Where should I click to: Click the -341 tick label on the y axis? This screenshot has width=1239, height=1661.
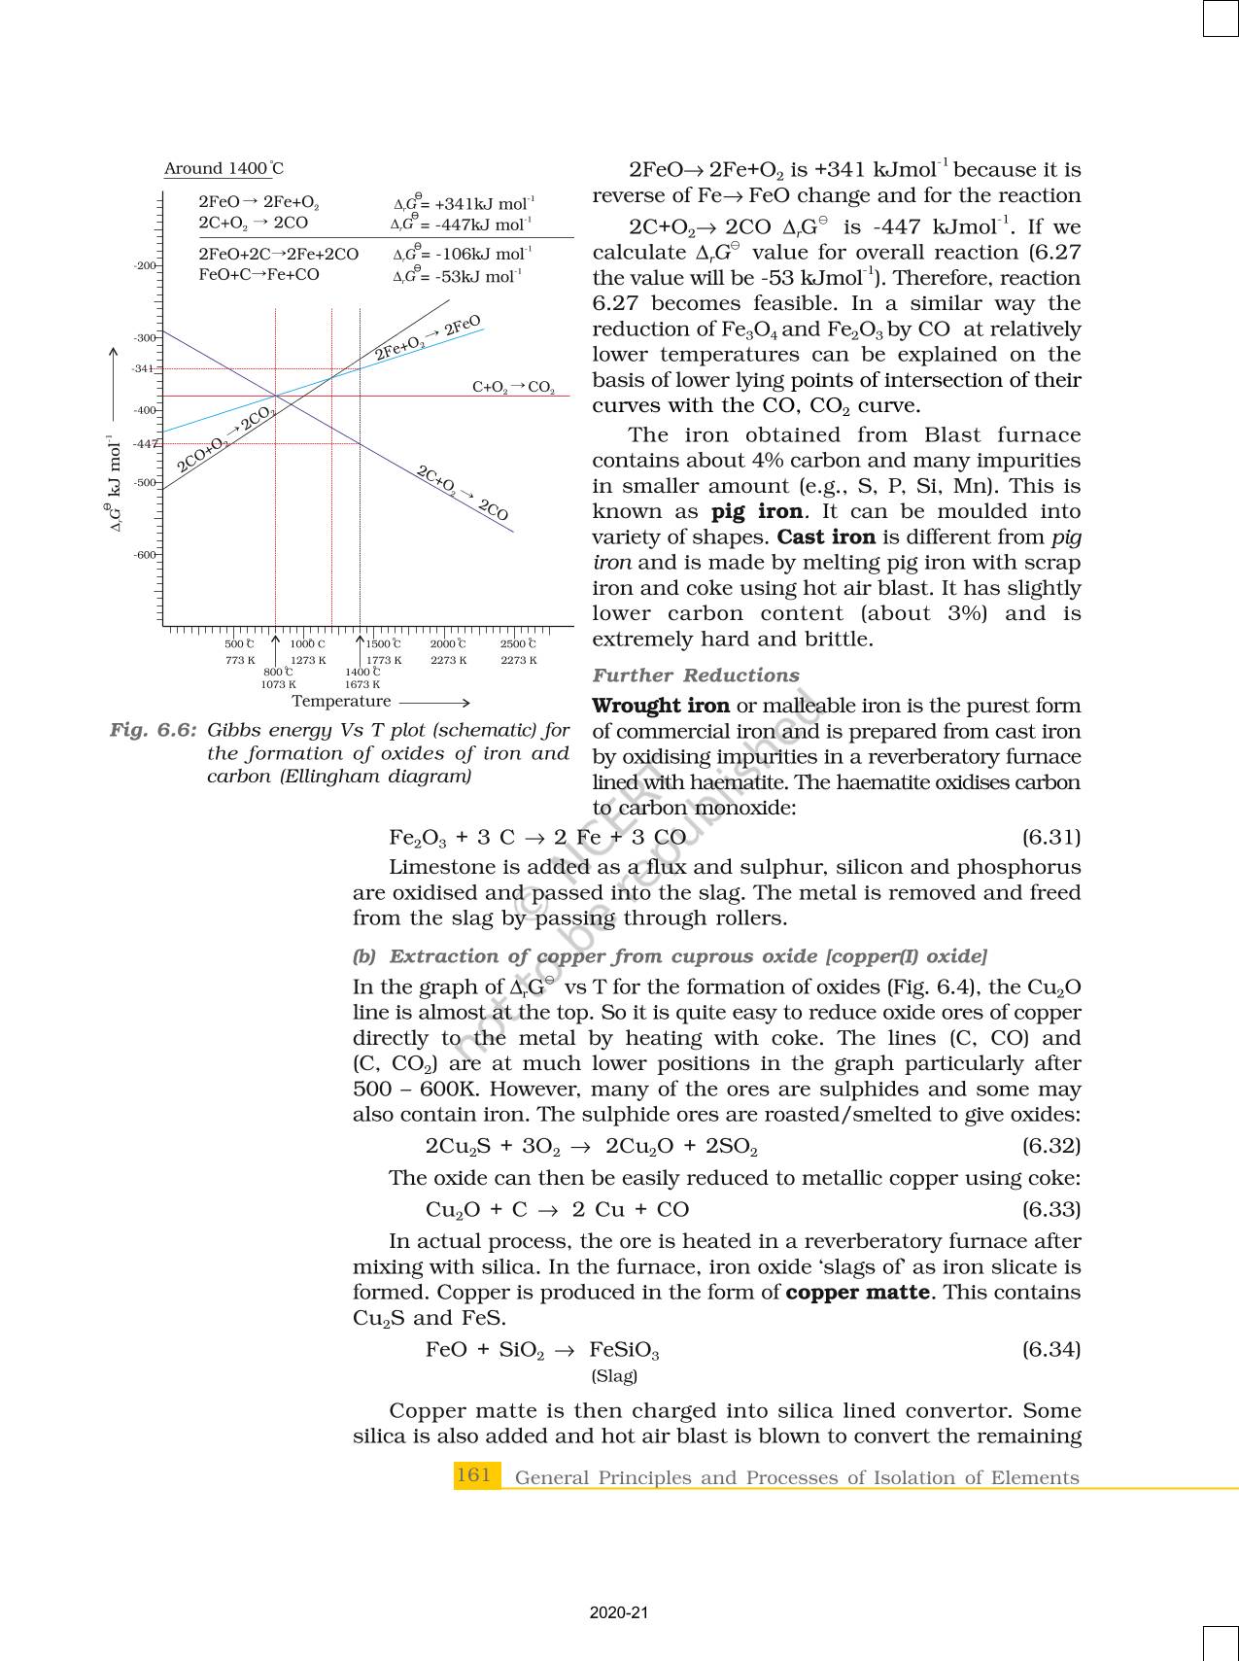pos(143,369)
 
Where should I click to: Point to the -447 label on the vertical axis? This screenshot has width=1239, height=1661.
pos(145,444)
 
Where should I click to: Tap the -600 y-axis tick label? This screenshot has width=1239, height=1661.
pos(144,555)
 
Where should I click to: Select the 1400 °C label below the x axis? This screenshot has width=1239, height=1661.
pos(362,672)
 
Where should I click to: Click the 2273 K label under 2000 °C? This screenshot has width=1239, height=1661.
pos(448,661)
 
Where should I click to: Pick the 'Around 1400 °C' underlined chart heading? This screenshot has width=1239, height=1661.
pos(224,169)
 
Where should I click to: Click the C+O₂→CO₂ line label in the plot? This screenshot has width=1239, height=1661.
pos(513,387)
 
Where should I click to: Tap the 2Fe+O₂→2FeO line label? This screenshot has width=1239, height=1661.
pos(429,337)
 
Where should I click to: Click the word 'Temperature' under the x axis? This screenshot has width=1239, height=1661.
pos(341,702)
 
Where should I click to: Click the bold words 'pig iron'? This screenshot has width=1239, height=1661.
pos(757,512)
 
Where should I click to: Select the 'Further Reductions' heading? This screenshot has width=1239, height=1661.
pos(696,675)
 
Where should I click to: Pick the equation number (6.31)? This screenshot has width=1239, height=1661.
pos(1050,837)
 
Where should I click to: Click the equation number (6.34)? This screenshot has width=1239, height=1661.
pos(1050,1349)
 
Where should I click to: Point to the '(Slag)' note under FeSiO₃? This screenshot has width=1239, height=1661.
pos(614,1376)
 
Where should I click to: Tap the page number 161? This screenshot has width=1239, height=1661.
pos(474,1475)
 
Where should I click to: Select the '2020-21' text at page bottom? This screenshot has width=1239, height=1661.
pos(618,1612)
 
